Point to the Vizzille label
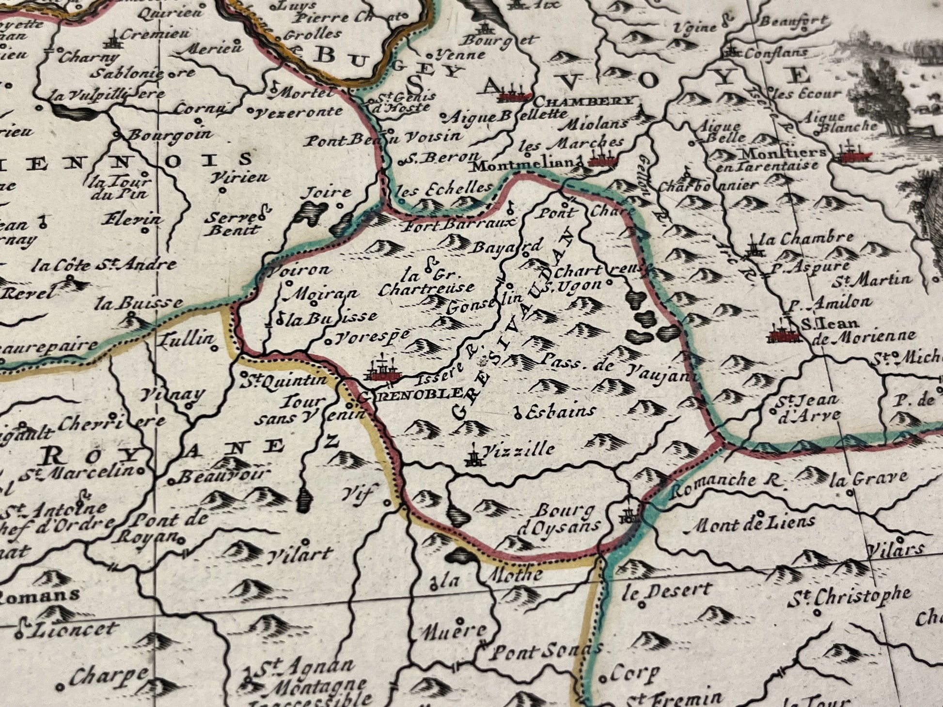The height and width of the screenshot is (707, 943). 519,450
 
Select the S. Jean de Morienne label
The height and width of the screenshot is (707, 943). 858,329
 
